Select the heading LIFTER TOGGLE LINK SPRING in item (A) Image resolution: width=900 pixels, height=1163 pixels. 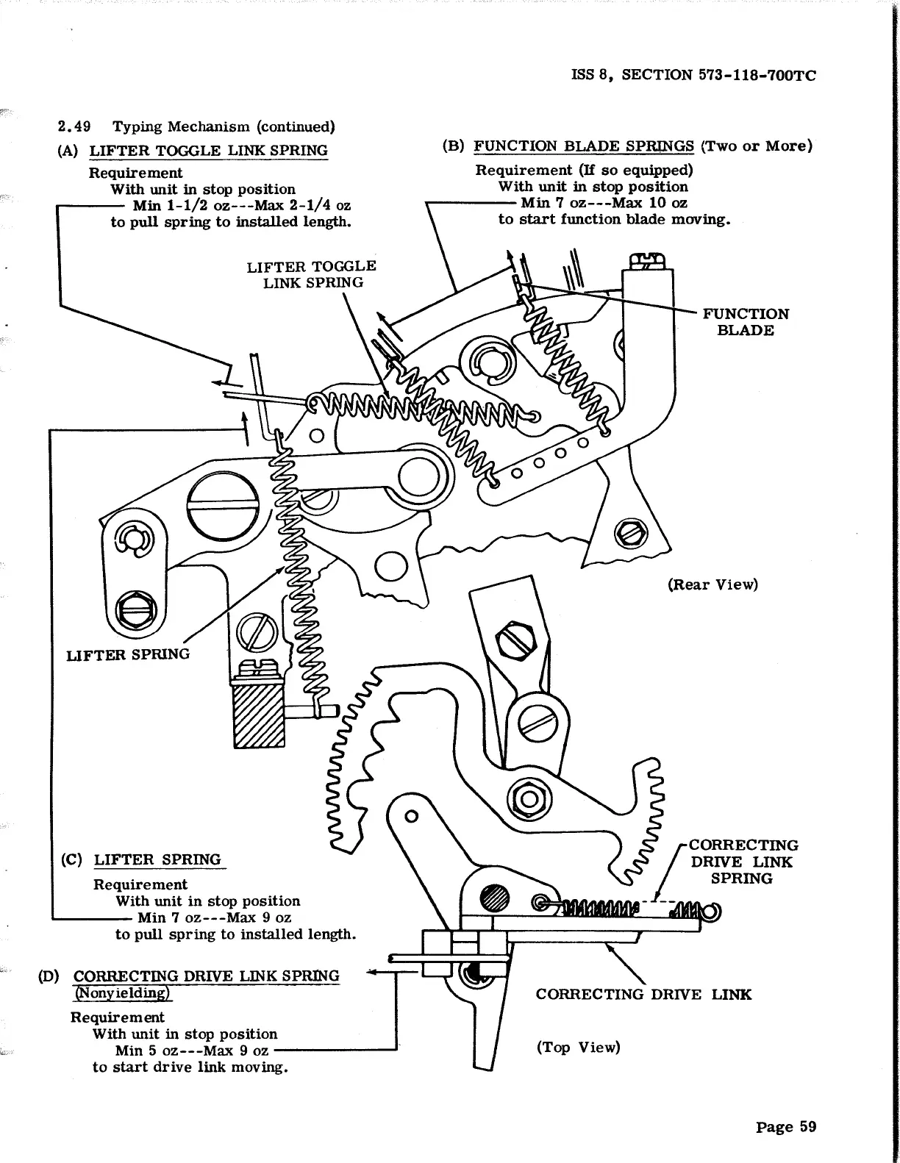pos(208,151)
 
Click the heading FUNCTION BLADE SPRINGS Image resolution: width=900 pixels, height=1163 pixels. pos(584,146)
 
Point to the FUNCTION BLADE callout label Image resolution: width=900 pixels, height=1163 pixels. pos(746,322)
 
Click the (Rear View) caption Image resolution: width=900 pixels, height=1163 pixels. pos(712,584)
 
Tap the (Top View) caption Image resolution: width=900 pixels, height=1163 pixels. pos(578,1047)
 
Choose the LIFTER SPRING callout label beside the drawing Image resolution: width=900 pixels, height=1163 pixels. pos(128,654)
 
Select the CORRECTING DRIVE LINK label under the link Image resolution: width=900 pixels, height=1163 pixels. pos(643,995)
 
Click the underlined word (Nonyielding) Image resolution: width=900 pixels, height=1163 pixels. pos(123,992)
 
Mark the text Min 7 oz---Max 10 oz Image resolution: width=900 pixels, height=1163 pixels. pos(604,203)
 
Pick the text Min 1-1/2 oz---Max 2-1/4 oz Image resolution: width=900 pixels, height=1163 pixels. pos(241,205)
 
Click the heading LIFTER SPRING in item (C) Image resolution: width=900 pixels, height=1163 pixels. pos(157,859)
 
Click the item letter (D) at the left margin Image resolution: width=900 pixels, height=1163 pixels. pos(49,976)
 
